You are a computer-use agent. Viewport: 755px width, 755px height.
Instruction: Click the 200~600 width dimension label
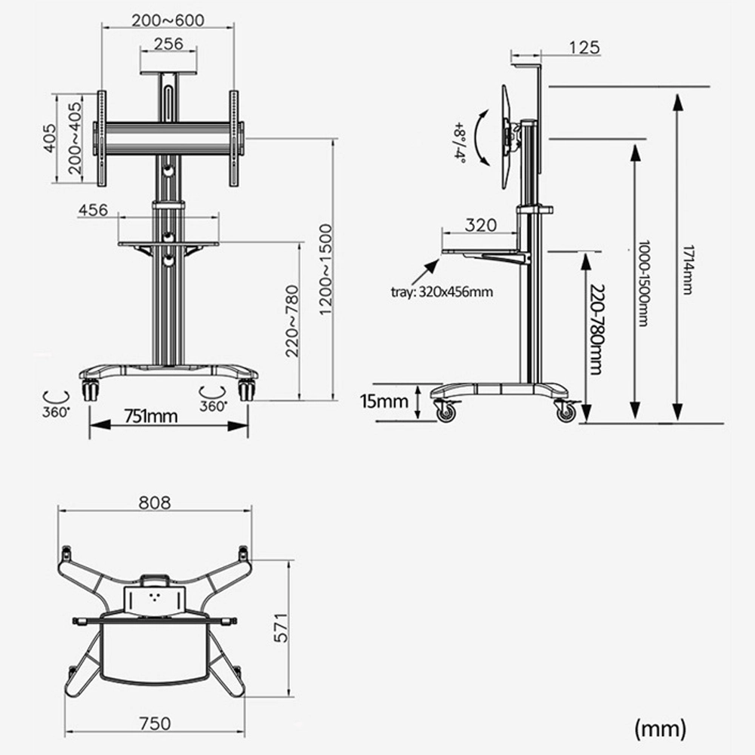pos(168,20)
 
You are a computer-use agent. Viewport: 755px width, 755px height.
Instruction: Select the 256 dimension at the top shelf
pos(168,44)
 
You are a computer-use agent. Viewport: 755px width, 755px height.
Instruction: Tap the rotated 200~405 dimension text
pos(75,138)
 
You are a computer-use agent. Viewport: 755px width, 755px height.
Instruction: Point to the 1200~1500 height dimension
pos(325,270)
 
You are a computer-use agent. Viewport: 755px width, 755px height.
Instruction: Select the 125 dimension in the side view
pos(584,48)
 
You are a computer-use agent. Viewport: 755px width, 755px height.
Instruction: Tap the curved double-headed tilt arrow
pos(482,136)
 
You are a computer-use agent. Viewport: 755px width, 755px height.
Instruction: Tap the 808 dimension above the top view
pos(155,502)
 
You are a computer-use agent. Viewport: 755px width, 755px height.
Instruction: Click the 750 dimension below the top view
pos(155,723)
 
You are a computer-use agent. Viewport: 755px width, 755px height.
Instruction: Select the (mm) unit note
pos(661,729)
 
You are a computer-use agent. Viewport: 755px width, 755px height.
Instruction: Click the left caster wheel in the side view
pos(446,412)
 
